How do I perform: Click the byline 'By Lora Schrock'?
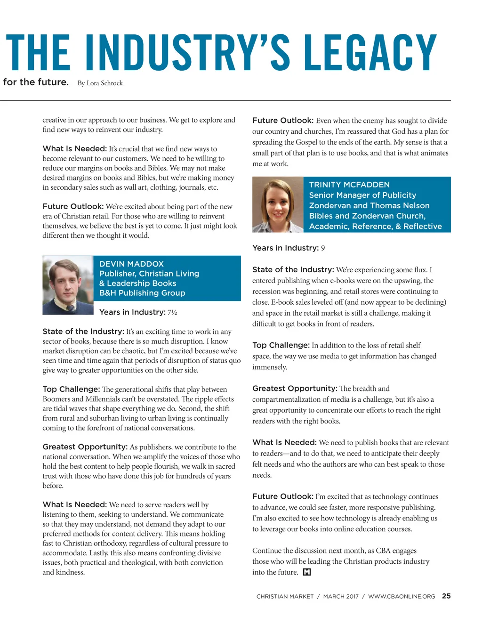coord(100,83)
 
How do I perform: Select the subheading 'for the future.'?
coord(36,82)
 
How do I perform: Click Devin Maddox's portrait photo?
coord(68,285)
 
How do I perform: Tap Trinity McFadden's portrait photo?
coord(278,204)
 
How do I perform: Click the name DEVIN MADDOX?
coord(131,264)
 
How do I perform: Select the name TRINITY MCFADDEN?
coord(349,185)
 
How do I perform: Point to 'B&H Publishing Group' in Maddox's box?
coord(142,293)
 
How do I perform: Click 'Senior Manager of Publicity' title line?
coord(362,195)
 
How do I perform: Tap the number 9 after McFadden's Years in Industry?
coord(323,248)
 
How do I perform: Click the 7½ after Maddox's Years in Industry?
coord(172,312)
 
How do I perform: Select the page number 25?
coord(446,596)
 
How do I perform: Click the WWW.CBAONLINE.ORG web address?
coord(402,596)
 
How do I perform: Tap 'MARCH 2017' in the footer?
coord(341,596)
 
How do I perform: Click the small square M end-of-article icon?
coord(307,572)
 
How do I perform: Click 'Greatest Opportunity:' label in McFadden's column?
coord(295,389)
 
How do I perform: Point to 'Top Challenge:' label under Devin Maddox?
coord(71,390)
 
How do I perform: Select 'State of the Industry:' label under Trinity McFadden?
coord(293,269)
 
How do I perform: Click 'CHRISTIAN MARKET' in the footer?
coord(285,596)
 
